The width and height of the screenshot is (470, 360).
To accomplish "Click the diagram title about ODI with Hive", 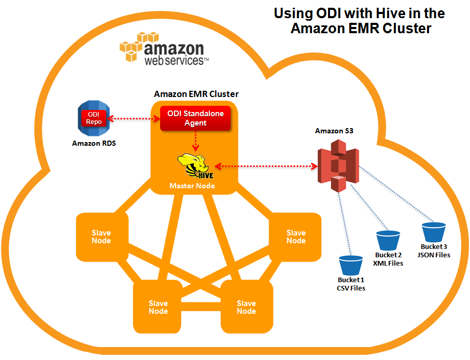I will pyautogui.click(x=359, y=20).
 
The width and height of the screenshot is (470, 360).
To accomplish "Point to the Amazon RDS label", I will pyautogui.click(x=94, y=143).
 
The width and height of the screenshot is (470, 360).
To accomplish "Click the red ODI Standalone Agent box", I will pyautogui.click(x=195, y=118).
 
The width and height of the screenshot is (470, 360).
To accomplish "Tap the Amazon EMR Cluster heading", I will pyautogui.click(x=196, y=94).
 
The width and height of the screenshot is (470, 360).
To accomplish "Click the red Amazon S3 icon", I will pyautogui.click(x=338, y=167).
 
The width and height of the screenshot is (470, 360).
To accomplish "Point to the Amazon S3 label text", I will pyautogui.click(x=334, y=131).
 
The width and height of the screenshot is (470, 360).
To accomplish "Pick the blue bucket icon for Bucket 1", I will pyautogui.click(x=350, y=265).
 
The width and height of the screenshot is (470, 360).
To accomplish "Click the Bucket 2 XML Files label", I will pyautogui.click(x=389, y=259).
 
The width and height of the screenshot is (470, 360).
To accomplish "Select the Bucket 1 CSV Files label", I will pyautogui.click(x=351, y=284).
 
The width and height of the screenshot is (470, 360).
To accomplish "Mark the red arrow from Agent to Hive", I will pyautogui.click(x=195, y=141).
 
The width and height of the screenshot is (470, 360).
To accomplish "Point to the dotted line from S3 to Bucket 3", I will pyautogui.click(x=394, y=195).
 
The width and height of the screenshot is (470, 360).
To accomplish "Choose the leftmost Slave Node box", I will pyautogui.click(x=102, y=237).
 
